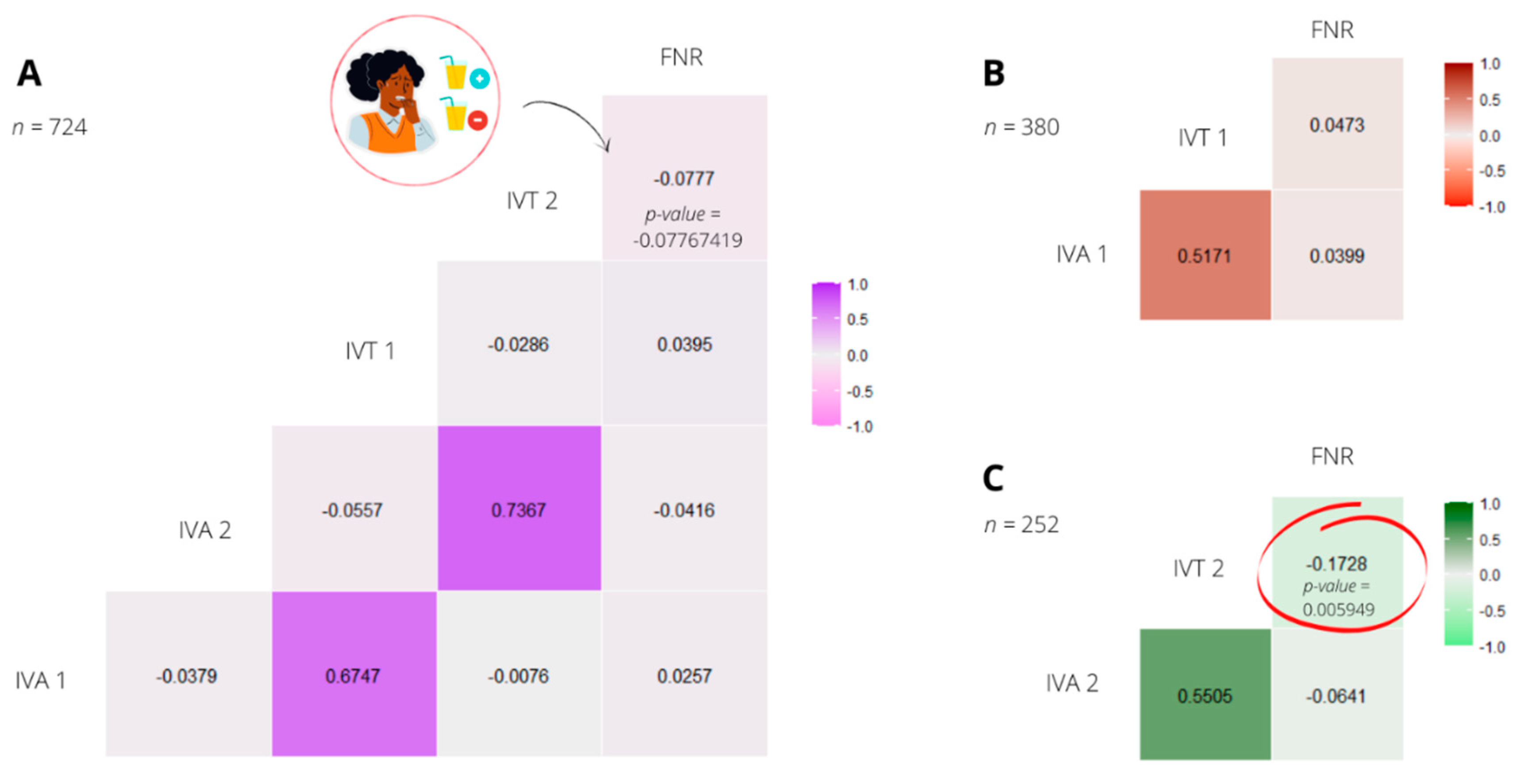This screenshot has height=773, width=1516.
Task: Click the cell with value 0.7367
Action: [519, 509]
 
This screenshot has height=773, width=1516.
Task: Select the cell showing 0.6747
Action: [353, 675]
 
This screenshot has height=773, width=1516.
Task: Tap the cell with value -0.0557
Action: [353, 509]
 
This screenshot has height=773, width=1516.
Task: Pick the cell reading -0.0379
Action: [187, 675]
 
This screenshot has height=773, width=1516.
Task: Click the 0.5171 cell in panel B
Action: [1204, 255]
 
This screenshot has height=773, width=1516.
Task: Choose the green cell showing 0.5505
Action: [1204, 695]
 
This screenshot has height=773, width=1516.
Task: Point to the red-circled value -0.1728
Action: [1336, 564]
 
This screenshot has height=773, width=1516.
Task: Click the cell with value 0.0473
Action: [1336, 125]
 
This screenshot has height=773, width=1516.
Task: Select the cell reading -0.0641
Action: [1336, 696]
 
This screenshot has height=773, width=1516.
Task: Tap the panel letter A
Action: [29, 73]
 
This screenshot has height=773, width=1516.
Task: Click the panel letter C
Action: [993, 478]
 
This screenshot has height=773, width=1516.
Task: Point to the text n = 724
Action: [50, 127]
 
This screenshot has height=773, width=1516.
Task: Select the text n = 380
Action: [1022, 127]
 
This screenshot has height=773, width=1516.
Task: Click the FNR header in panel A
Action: [681, 57]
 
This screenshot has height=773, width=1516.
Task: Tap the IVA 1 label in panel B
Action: [1081, 254]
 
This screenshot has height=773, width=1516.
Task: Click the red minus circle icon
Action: [477, 120]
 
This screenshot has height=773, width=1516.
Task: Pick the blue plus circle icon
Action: [480, 78]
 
